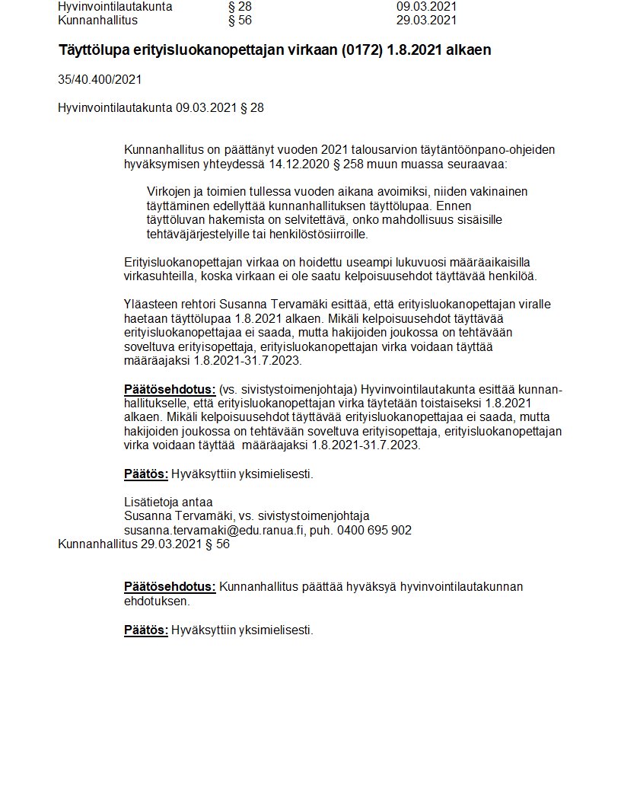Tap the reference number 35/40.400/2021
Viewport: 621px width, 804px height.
[x=100, y=79]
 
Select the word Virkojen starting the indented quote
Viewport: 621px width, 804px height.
[x=169, y=191]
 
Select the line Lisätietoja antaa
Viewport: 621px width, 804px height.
[x=168, y=502]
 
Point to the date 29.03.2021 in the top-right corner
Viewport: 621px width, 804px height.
[x=426, y=20]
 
